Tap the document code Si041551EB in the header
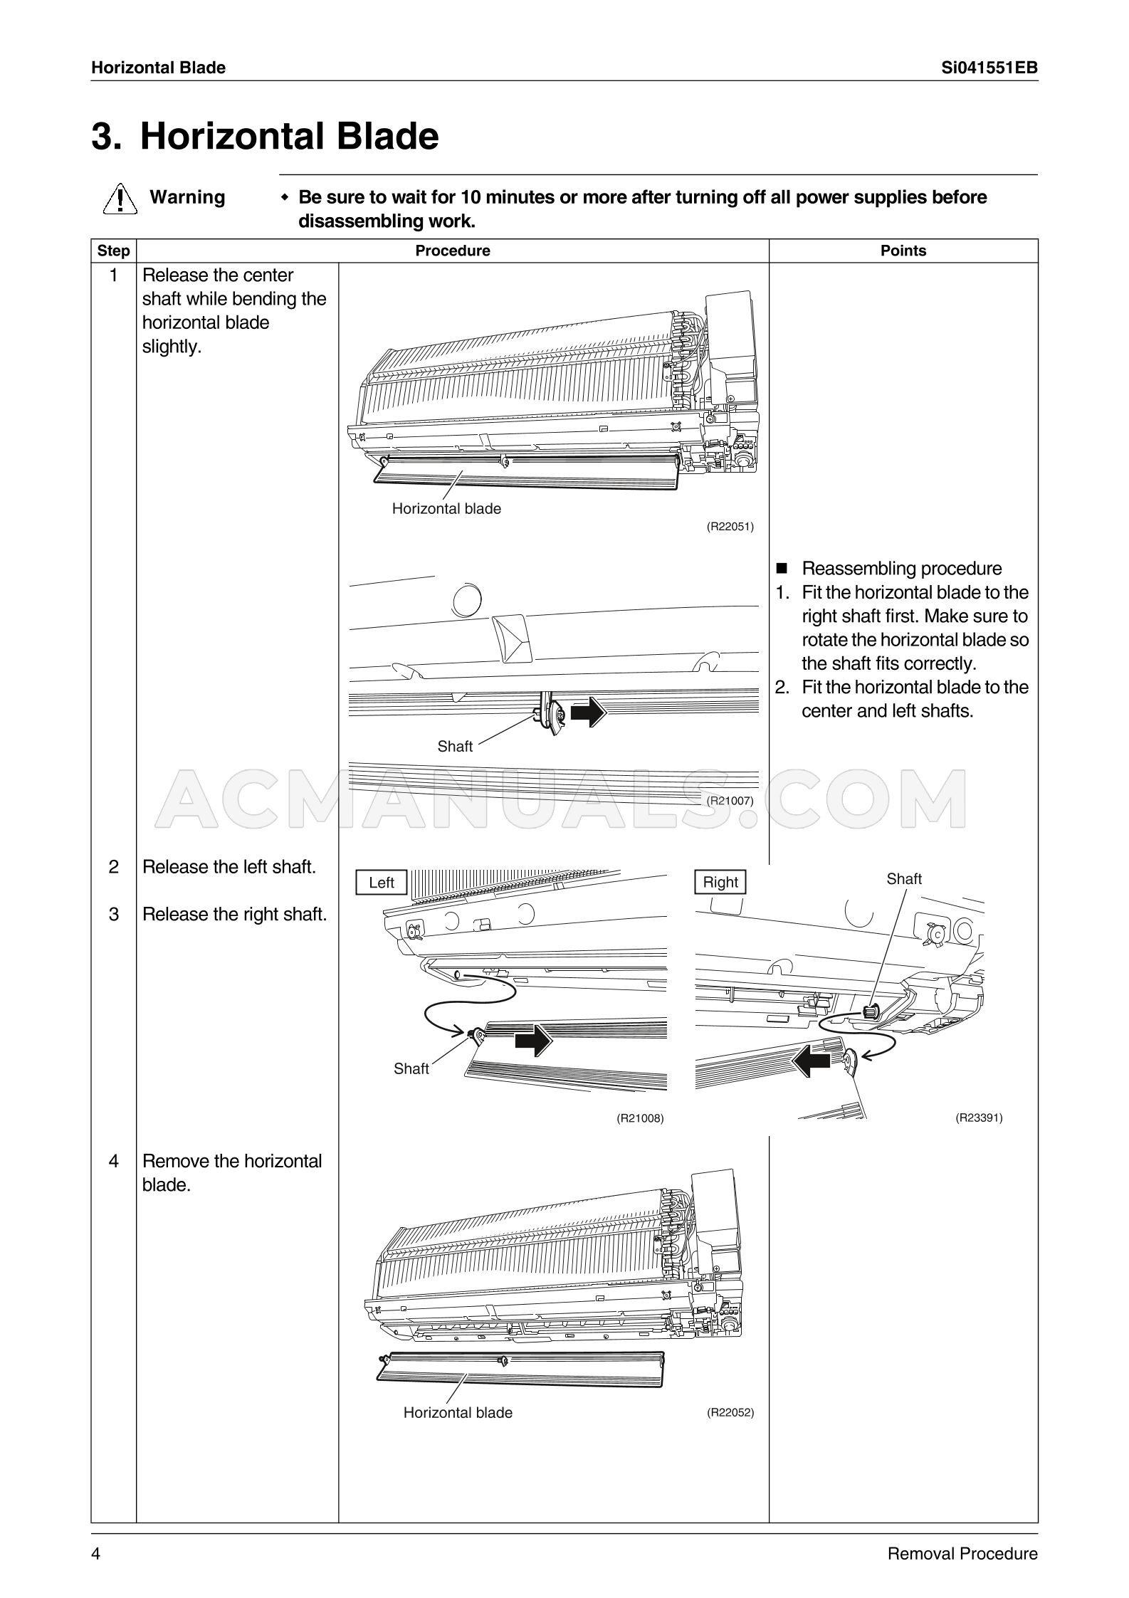click(989, 68)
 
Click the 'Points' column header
click(903, 251)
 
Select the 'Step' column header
click(113, 251)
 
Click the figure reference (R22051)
click(730, 527)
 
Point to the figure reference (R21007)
click(730, 800)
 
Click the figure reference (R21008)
click(640, 1118)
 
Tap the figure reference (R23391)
click(979, 1118)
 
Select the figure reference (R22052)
click(730, 1412)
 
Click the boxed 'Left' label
click(382, 883)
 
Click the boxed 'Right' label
click(720, 883)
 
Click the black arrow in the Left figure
click(533, 1041)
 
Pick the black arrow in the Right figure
click(812, 1063)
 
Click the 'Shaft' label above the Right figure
click(904, 879)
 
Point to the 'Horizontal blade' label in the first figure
click(446, 509)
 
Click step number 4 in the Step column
click(113, 1162)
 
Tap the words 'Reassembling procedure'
click(901, 569)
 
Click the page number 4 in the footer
click(96, 1554)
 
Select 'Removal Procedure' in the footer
click(962, 1554)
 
